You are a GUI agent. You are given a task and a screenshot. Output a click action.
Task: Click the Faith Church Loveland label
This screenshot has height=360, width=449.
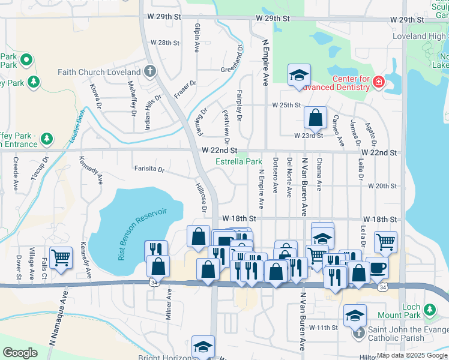99,72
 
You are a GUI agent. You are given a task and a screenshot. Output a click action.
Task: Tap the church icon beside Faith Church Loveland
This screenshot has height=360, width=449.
150,72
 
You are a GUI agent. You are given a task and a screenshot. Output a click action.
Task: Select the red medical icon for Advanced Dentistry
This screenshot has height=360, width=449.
379,82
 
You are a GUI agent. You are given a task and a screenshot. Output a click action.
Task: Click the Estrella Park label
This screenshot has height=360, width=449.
239,161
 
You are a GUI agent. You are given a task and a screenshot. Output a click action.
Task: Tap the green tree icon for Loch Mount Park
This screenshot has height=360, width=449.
429,310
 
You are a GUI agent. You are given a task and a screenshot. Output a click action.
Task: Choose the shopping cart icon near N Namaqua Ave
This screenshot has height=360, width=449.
61,257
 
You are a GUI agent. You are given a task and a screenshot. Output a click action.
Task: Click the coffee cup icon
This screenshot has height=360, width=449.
376,267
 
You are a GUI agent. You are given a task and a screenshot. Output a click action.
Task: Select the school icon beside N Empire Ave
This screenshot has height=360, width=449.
298,75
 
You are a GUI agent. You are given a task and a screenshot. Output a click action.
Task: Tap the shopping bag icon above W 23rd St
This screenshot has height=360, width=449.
315,118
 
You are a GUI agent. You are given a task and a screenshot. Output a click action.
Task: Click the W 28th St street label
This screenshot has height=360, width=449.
165,43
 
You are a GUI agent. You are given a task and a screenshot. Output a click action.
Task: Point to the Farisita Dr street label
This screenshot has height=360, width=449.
149,169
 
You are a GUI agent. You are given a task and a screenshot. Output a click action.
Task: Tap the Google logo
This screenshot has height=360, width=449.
20,353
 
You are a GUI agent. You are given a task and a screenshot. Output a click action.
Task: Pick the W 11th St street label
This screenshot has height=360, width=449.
324,327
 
